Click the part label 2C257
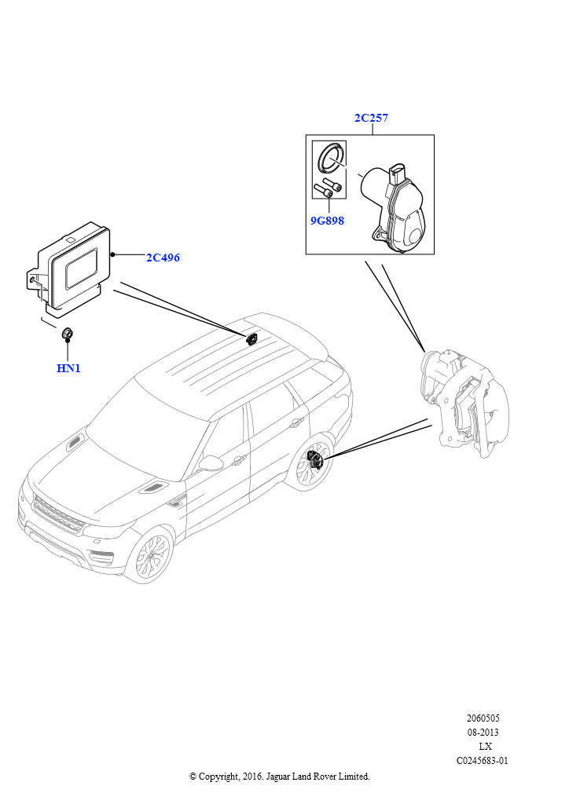click(371, 119)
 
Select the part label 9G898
click(327, 221)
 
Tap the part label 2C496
click(163, 258)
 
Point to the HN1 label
click(68, 368)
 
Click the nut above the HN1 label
click(68, 334)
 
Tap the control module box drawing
click(72, 268)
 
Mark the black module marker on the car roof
click(252, 338)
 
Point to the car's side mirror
click(210, 463)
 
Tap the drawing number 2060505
click(483, 718)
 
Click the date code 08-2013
click(483, 733)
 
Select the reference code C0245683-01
click(483, 761)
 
